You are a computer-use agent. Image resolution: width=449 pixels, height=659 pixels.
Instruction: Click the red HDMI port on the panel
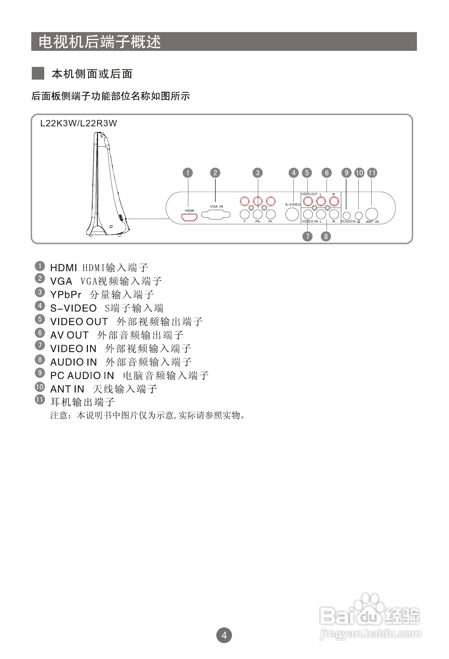[x=189, y=218]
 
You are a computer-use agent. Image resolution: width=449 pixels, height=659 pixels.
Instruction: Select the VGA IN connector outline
[x=216, y=215]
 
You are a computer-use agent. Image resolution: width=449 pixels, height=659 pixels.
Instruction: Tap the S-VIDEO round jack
[x=292, y=215]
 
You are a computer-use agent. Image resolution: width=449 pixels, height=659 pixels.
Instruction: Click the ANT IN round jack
[x=372, y=214]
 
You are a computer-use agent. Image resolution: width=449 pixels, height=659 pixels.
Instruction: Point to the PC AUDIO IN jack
[x=346, y=216]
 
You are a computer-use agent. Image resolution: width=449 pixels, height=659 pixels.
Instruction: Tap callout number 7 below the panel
[x=307, y=236]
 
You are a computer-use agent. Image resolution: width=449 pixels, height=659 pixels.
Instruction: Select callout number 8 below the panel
[x=326, y=236]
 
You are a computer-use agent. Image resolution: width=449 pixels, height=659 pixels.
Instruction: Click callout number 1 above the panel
[x=187, y=173]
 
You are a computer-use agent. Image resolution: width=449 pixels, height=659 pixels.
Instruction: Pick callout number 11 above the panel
[x=372, y=173]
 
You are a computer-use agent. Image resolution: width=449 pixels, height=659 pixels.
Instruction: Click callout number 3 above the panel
[x=258, y=173]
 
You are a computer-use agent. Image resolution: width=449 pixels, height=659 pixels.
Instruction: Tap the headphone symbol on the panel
[x=359, y=222]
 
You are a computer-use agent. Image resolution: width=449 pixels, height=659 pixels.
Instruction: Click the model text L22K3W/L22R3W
[x=79, y=123]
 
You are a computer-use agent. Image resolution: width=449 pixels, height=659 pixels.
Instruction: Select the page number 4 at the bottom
[x=224, y=636]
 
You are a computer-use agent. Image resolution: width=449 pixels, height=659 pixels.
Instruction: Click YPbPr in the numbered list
[x=66, y=295]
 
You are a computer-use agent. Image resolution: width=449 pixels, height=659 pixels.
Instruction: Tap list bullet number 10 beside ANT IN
[x=40, y=387]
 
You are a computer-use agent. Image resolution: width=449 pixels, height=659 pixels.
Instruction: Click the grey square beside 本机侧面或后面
[x=38, y=73]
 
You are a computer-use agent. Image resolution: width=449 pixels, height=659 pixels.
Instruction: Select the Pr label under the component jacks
[x=270, y=221]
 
